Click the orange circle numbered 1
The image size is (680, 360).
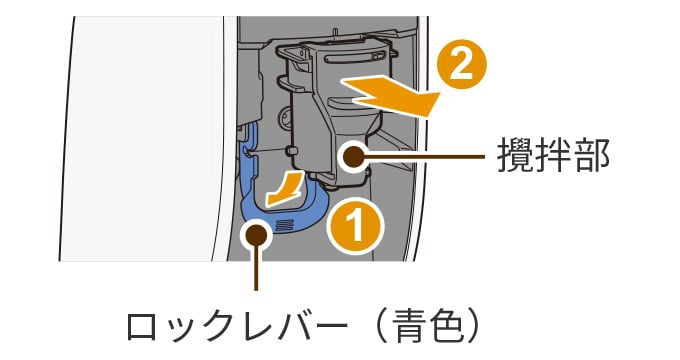pyautogui.click(x=356, y=228)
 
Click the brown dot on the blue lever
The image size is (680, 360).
pyautogui.click(x=258, y=235)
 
